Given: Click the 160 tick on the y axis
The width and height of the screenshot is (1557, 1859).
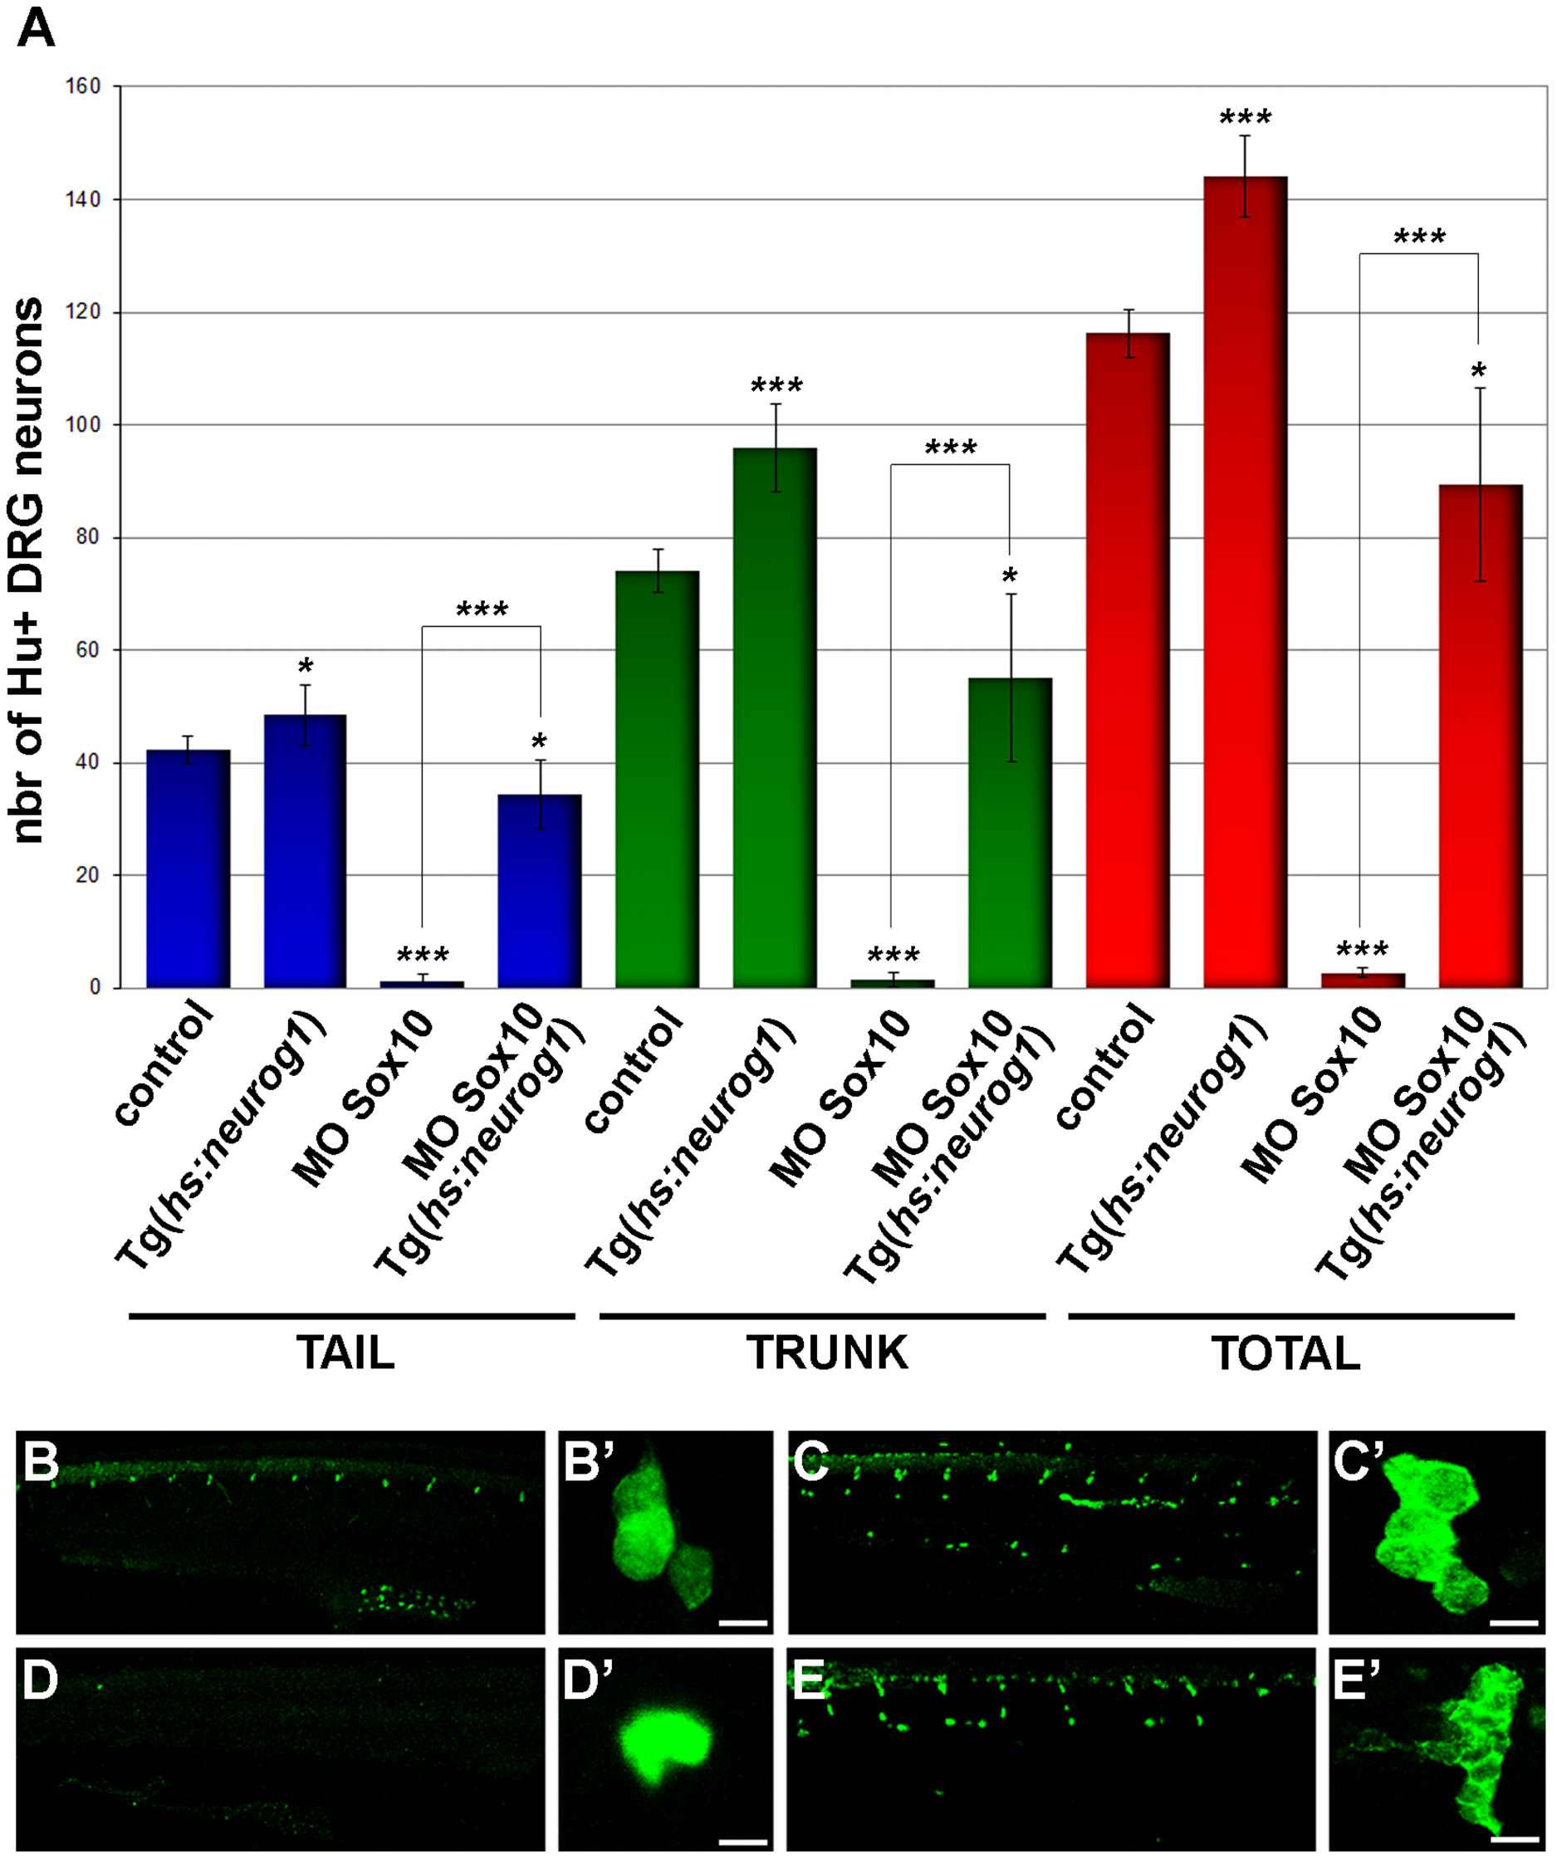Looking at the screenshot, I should [x=83, y=86].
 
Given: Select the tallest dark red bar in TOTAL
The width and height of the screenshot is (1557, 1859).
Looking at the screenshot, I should [x=1245, y=575].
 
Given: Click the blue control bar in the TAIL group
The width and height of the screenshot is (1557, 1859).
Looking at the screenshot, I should [x=188, y=868].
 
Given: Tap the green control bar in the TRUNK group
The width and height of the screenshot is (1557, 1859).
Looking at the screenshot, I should [x=657, y=779].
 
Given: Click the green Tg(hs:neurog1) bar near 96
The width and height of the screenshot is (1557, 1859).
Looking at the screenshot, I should [x=775, y=717].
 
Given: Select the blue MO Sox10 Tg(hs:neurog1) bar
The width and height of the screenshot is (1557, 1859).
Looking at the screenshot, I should [x=539, y=890].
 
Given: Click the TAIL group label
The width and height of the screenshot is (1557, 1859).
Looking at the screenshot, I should [x=345, y=1353].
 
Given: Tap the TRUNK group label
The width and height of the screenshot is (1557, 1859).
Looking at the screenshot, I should [x=827, y=1353].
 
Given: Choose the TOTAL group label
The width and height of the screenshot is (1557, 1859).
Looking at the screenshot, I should [x=1285, y=1353].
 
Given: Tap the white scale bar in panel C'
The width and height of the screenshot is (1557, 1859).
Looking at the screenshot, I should [x=1514, y=1623].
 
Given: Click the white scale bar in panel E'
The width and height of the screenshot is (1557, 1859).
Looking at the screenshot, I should [x=1514, y=1837].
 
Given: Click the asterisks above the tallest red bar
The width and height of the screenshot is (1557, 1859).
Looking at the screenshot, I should [x=1245, y=118].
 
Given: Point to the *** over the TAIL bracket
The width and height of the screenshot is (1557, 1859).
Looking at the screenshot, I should [x=482, y=610].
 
